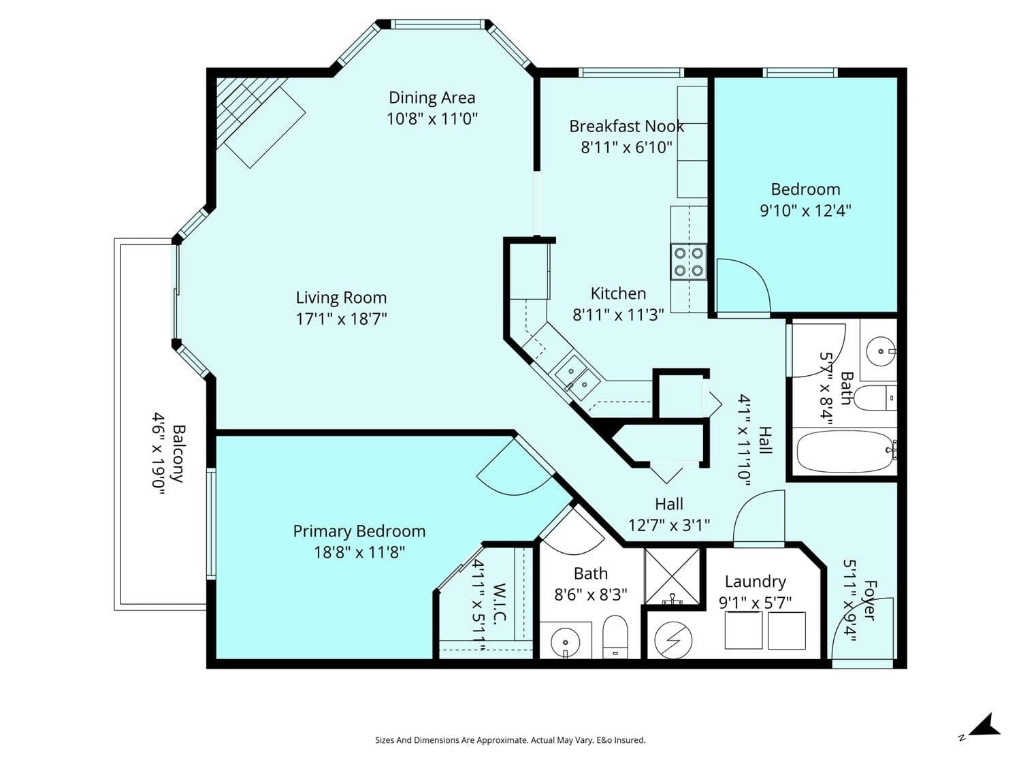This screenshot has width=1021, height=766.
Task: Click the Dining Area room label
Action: tap(432, 98)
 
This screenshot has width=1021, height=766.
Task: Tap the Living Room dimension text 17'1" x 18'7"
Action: tap(342, 319)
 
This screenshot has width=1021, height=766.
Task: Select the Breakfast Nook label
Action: tap(626, 127)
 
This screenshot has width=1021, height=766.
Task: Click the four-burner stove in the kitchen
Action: tap(688, 261)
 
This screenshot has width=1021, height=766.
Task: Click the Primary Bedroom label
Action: tap(359, 531)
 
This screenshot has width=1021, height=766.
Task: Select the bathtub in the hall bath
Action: tap(845, 451)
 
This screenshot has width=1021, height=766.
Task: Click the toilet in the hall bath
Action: tap(875, 398)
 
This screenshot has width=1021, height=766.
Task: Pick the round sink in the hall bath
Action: tap(881, 351)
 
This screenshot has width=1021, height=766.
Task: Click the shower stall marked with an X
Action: tap(672, 577)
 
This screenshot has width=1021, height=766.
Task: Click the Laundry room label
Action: tap(756, 581)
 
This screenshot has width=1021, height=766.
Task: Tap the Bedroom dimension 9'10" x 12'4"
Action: tap(805, 210)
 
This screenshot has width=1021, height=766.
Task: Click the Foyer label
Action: tap(869, 600)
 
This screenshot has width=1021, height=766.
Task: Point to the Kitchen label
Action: tap(618, 293)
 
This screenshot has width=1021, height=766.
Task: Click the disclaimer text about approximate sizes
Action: tap(510, 740)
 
